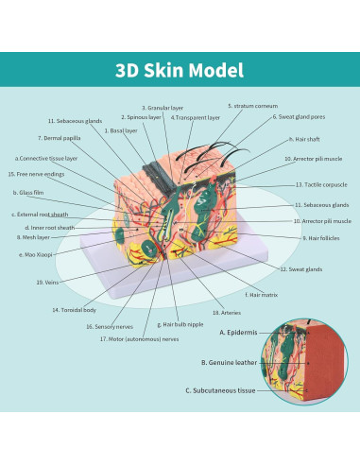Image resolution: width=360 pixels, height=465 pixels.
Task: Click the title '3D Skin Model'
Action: [x=180, y=71]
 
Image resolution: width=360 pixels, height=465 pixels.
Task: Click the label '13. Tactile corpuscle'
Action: [x=322, y=184]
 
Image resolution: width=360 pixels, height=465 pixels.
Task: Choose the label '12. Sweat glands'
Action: [x=300, y=269]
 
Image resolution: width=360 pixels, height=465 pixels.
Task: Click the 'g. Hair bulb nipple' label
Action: [x=181, y=324]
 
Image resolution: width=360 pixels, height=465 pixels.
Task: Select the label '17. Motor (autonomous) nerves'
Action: [x=139, y=338]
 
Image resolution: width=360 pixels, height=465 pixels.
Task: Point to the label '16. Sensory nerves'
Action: [x=109, y=326]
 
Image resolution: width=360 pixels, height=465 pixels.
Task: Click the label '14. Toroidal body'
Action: [x=74, y=309]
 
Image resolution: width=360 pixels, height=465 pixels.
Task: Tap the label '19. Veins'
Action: [x=47, y=282]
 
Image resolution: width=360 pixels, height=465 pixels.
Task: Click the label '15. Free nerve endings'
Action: [x=35, y=174]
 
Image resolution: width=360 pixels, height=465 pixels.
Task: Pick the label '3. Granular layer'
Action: [x=163, y=108]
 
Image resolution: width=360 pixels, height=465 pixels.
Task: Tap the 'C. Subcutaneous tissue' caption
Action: [x=219, y=389]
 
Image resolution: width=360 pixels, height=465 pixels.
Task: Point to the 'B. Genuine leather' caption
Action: [x=228, y=361]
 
